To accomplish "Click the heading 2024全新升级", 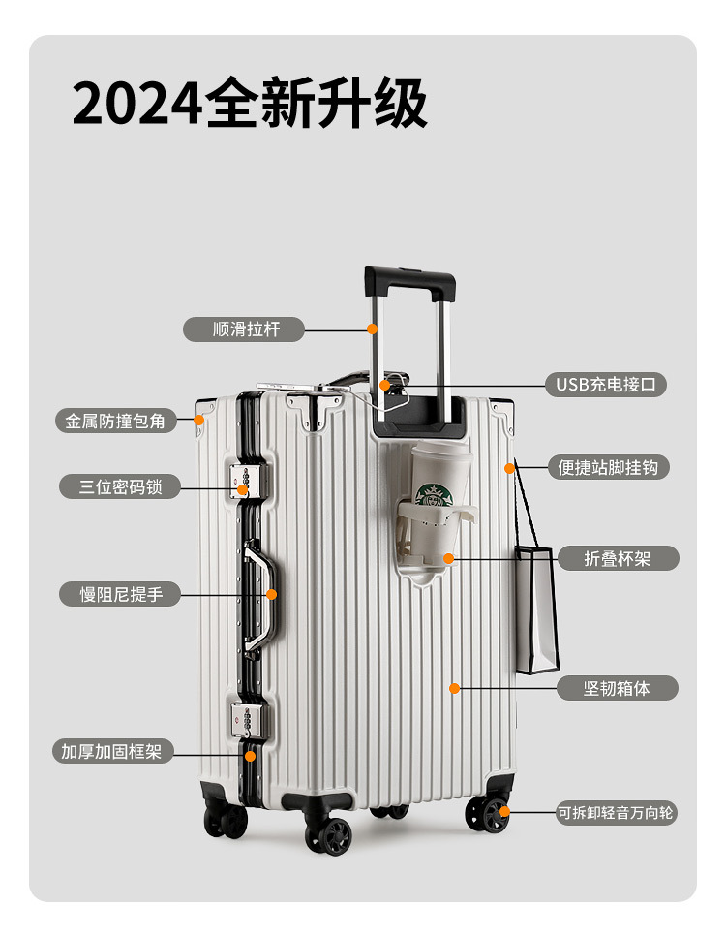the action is (x=250, y=104).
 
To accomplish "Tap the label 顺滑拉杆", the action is (x=244, y=329).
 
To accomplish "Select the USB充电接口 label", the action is (x=605, y=384).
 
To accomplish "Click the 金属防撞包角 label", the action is (x=115, y=422).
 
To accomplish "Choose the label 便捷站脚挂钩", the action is (x=608, y=467).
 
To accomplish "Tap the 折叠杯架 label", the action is (x=617, y=558).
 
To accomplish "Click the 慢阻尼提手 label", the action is (x=120, y=594).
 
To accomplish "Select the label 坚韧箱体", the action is (x=617, y=688).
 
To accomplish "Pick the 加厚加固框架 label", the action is (x=111, y=751).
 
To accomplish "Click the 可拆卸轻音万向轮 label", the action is (x=615, y=813).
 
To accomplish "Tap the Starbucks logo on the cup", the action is (x=434, y=495).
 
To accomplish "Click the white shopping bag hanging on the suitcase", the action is (x=536, y=609).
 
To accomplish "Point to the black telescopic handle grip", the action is (x=409, y=281).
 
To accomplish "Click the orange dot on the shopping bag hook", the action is (x=509, y=468).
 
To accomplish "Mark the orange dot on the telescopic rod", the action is (x=373, y=329).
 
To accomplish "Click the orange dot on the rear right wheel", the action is (x=503, y=812).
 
